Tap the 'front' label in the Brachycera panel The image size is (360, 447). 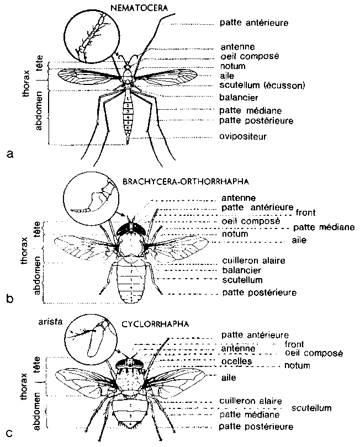tap(305, 211)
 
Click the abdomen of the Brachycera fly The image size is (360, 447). tap(129, 279)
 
